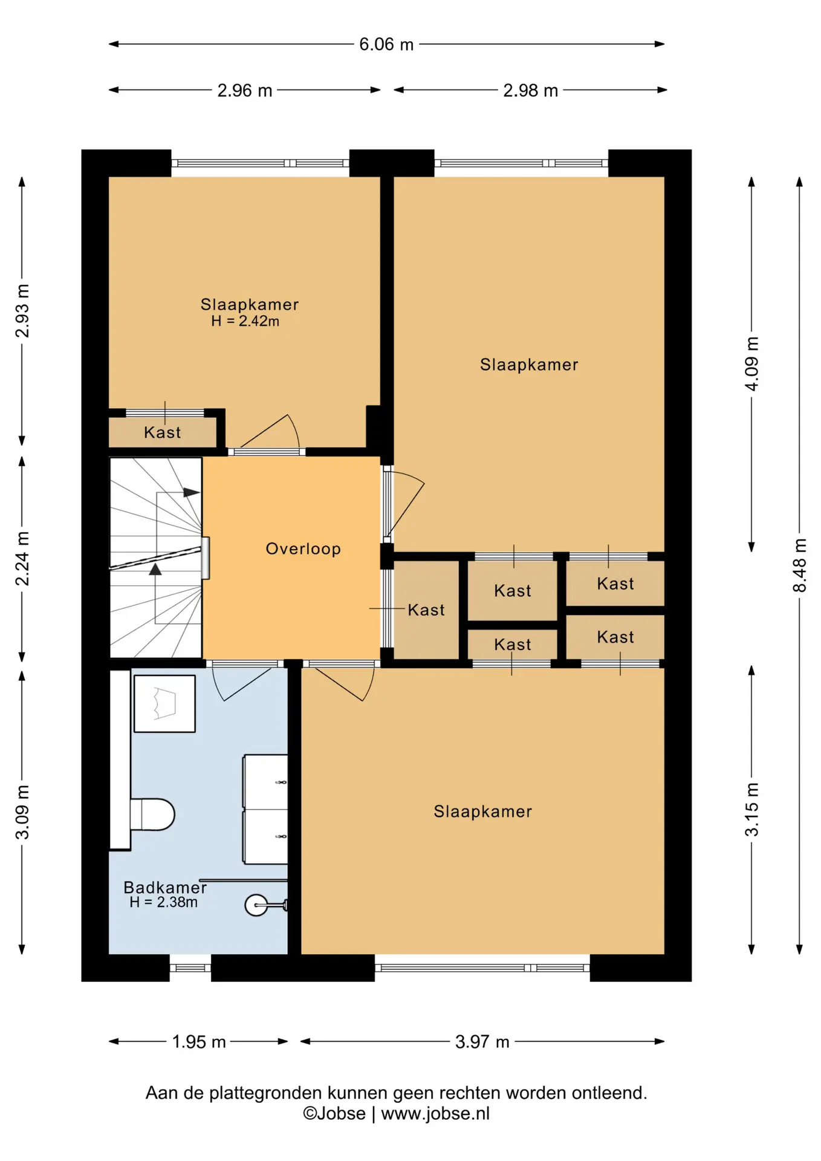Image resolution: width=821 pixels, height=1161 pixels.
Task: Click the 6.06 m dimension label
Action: pos(386,44)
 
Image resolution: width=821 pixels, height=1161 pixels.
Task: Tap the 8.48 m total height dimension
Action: pos(799,565)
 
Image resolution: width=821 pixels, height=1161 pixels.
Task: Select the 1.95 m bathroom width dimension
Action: pos(199,1041)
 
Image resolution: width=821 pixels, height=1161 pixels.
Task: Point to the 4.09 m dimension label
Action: pos(751,364)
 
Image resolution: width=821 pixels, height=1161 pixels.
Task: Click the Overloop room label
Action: pos(303,548)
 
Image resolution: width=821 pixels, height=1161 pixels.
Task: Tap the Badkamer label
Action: pos(165,887)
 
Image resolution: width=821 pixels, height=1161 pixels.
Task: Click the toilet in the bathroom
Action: pos(152,815)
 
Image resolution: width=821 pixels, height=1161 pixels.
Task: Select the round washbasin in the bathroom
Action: pos(256,905)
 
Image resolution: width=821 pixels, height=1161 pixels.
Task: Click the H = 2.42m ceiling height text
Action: pos(245,321)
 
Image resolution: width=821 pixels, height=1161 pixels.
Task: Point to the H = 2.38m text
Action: pos(163,902)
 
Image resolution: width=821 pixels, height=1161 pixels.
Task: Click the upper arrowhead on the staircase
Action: pos(192,493)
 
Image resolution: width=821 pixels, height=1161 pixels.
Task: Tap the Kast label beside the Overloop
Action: pos(426,610)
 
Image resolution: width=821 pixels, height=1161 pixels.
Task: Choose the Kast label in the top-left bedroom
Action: pos(162,432)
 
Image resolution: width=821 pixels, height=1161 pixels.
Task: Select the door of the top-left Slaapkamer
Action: pos(270,432)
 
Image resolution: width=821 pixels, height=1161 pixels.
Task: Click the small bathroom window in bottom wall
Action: pos(190,968)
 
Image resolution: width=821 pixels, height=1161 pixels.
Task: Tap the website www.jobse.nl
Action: pos(435,1113)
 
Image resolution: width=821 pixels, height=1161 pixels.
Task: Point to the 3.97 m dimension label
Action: pos(482,1041)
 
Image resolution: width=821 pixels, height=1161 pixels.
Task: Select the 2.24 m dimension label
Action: pos(22,559)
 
